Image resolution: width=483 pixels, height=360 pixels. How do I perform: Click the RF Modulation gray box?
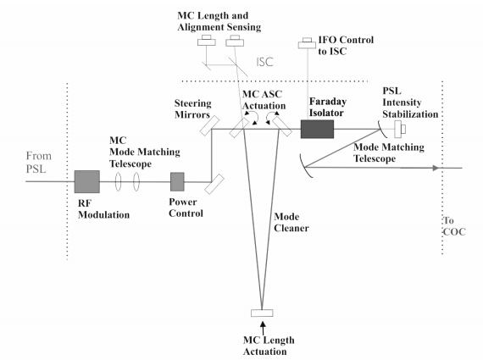tap(87, 181)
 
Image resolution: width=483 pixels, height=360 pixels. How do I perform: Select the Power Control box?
tap(177, 181)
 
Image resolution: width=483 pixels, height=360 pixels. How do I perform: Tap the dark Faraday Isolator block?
tap(317, 129)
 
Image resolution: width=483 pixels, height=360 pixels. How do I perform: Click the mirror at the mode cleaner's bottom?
tap(262, 313)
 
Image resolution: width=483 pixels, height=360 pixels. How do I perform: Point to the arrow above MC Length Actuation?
tap(263, 328)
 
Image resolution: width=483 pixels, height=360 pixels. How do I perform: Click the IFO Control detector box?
tap(307, 43)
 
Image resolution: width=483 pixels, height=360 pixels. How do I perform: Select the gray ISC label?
tap(264, 62)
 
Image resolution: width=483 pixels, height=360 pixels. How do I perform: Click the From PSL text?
tap(38, 163)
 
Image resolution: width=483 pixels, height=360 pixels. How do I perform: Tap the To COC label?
tap(454, 226)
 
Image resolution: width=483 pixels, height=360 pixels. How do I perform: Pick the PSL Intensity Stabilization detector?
tap(400, 129)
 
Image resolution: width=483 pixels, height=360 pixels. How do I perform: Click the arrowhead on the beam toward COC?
tap(436, 168)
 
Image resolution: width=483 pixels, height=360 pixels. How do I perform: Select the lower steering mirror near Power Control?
tap(214, 184)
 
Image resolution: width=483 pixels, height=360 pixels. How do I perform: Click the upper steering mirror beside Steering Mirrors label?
tap(210, 126)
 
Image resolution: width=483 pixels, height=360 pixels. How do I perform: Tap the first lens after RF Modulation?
tap(118, 181)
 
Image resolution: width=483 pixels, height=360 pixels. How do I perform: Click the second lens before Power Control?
tap(136, 181)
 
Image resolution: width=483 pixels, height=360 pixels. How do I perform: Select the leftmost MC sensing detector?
tap(207, 41)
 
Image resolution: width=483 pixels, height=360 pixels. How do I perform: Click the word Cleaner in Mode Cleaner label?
tap(291, 228)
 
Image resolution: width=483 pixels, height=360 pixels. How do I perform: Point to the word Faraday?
tap(328, 102)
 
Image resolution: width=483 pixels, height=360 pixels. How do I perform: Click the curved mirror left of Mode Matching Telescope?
tap(305, 166)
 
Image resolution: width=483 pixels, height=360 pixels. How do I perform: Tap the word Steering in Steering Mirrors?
tap(193, 104)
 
